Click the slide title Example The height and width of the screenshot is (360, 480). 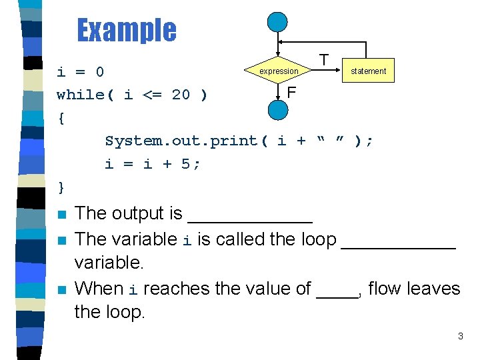(127, 30)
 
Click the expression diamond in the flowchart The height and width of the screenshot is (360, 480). (278, 71)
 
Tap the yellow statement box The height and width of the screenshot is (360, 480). (368, 71)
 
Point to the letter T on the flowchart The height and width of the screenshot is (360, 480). (323, 60)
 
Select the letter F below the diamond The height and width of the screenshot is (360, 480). (291, 91)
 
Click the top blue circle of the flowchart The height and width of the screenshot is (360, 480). (277, 22)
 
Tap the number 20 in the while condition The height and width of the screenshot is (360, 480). (181, 95)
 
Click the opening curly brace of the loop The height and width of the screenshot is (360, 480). (61, 119)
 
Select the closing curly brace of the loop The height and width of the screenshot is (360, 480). (61, 187)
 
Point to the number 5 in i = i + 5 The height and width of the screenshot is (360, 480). (185, 164)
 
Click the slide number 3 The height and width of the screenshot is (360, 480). (460, 337)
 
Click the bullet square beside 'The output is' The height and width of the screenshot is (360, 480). (62, 215)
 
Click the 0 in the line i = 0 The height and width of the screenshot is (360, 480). (99, 71)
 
